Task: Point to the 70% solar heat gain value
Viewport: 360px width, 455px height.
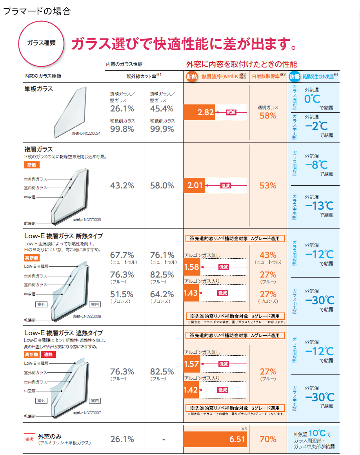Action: pos(268,439)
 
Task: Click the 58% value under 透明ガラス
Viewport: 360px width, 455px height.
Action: pos(268,116)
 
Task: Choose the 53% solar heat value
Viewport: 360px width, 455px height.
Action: pos(268,185)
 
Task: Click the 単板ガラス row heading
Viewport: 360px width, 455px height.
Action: pos(38,89)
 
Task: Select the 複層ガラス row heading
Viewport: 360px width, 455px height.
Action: pos(38,150)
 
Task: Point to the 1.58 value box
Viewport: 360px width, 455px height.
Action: pos(191,267)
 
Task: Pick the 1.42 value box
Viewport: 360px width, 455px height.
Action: pos(191,390)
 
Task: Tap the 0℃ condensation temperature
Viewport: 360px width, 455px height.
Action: pos(312,99)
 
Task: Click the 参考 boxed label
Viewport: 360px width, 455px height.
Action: pos(30,439)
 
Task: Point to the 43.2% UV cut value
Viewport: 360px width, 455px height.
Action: pos(122,185)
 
